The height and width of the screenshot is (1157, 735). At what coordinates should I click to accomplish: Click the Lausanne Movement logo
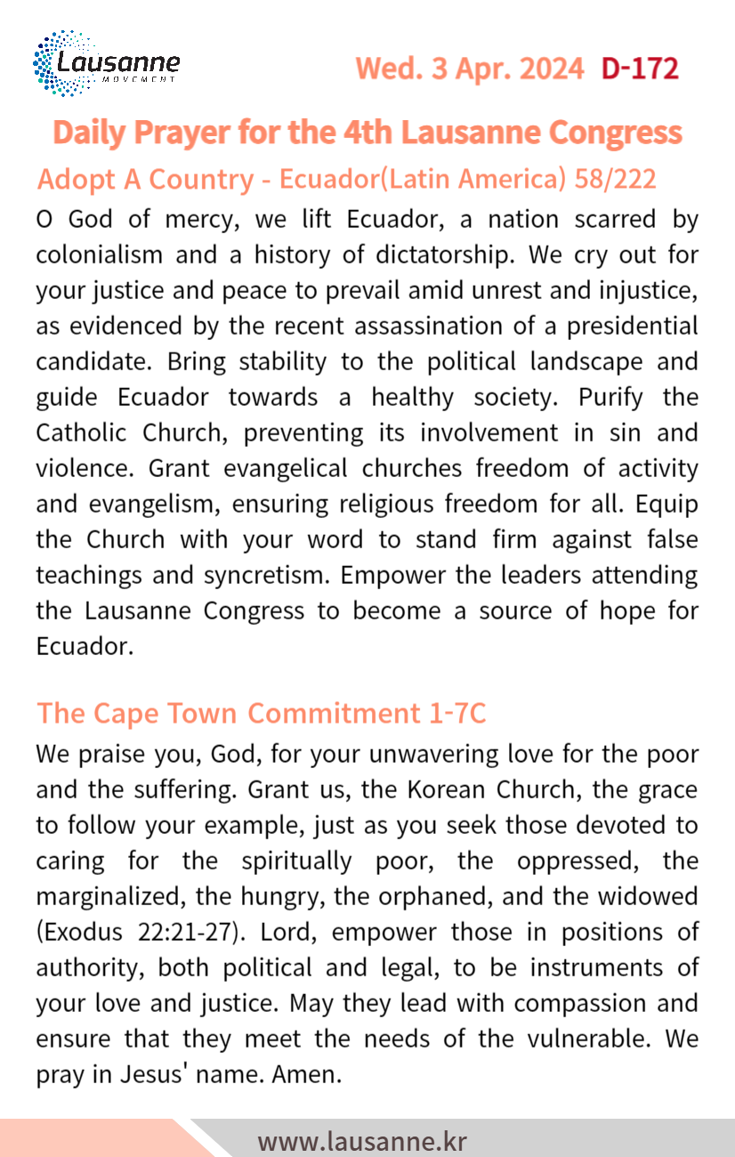pyautogui.click(x=106, y=63)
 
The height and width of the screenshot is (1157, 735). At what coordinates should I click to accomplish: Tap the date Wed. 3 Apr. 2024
pyautogui.click(x=470, y=69)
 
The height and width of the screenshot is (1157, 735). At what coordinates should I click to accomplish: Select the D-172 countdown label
pyautogui.click(x=640, y=69)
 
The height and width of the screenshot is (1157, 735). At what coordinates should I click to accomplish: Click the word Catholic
pyautogui.click(x=87, y=433)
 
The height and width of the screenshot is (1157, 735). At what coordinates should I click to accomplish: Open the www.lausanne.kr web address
pyautogui.click(x=362, y=1141)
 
